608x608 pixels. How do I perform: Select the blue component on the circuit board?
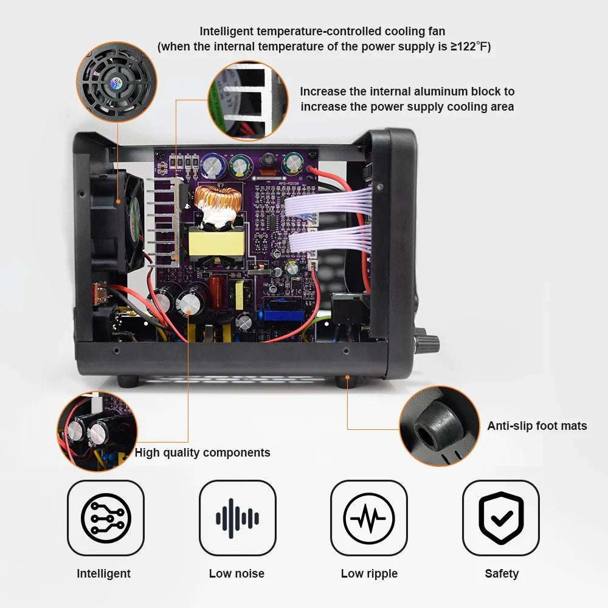[284, 309]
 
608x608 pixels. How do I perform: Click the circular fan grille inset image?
[116, 81]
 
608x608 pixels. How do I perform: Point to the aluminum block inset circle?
[247, 100]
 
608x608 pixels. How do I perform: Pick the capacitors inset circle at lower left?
[97, 431]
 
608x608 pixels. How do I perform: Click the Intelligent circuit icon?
[105, 518]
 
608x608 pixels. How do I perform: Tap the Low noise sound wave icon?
[237, 518]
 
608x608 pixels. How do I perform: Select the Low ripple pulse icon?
[369, 518]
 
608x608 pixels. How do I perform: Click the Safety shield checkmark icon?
[501, 518]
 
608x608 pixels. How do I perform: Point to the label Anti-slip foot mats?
[537, 426]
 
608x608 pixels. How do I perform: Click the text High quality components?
[202, 452]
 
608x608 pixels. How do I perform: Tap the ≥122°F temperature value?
[470, 47]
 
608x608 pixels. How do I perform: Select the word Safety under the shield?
[502, 573]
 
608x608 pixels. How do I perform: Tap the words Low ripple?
[369, 573]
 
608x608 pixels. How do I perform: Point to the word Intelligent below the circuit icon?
[103, 573]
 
